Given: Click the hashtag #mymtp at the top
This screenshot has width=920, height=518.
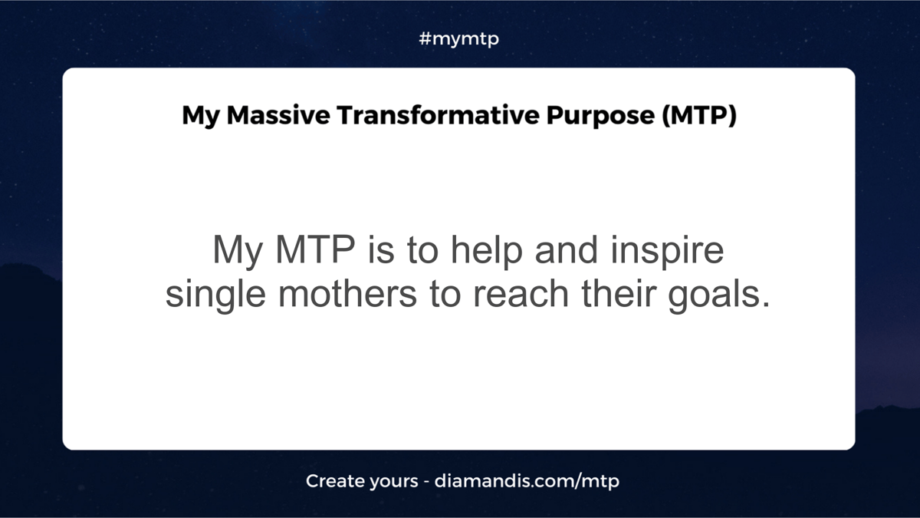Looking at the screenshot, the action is (x=458, y=39).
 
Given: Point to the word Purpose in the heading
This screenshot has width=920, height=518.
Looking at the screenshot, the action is (x=600, y=117).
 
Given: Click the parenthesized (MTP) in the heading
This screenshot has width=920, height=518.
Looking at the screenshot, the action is (x=699, y=116).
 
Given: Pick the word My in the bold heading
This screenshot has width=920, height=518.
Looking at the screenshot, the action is (x=201, y=117).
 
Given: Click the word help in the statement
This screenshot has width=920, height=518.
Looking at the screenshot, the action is (x=486, y=251).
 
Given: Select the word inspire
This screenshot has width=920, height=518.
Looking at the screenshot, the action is (x=667, y=251).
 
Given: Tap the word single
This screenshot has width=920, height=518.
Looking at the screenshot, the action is (x=215, y=295).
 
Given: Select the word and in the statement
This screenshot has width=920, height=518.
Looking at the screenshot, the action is (x=566, y=250).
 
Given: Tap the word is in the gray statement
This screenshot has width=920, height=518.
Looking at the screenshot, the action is (x=381, y=250).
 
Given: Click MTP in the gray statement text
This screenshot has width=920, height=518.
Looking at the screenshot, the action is (x=315, y=249).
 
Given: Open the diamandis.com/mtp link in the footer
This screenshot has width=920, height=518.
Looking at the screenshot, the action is (x=527, y=481).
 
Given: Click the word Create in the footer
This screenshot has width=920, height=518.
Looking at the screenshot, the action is (x=335, y=480).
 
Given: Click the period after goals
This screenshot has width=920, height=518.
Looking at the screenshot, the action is (x=766, y=305).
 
